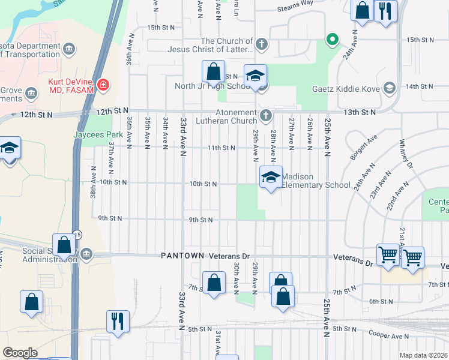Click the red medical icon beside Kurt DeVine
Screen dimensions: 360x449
103,85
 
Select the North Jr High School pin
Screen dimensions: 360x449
255,76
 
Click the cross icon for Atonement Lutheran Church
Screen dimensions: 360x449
267,115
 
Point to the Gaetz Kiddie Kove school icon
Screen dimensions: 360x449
390,89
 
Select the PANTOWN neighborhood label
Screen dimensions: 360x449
182,256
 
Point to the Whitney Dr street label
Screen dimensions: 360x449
406,154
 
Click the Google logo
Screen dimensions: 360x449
20,353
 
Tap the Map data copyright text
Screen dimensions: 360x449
423,355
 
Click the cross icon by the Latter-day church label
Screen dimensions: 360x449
261,44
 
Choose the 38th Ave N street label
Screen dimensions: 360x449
94,190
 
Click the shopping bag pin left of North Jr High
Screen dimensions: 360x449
214,71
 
